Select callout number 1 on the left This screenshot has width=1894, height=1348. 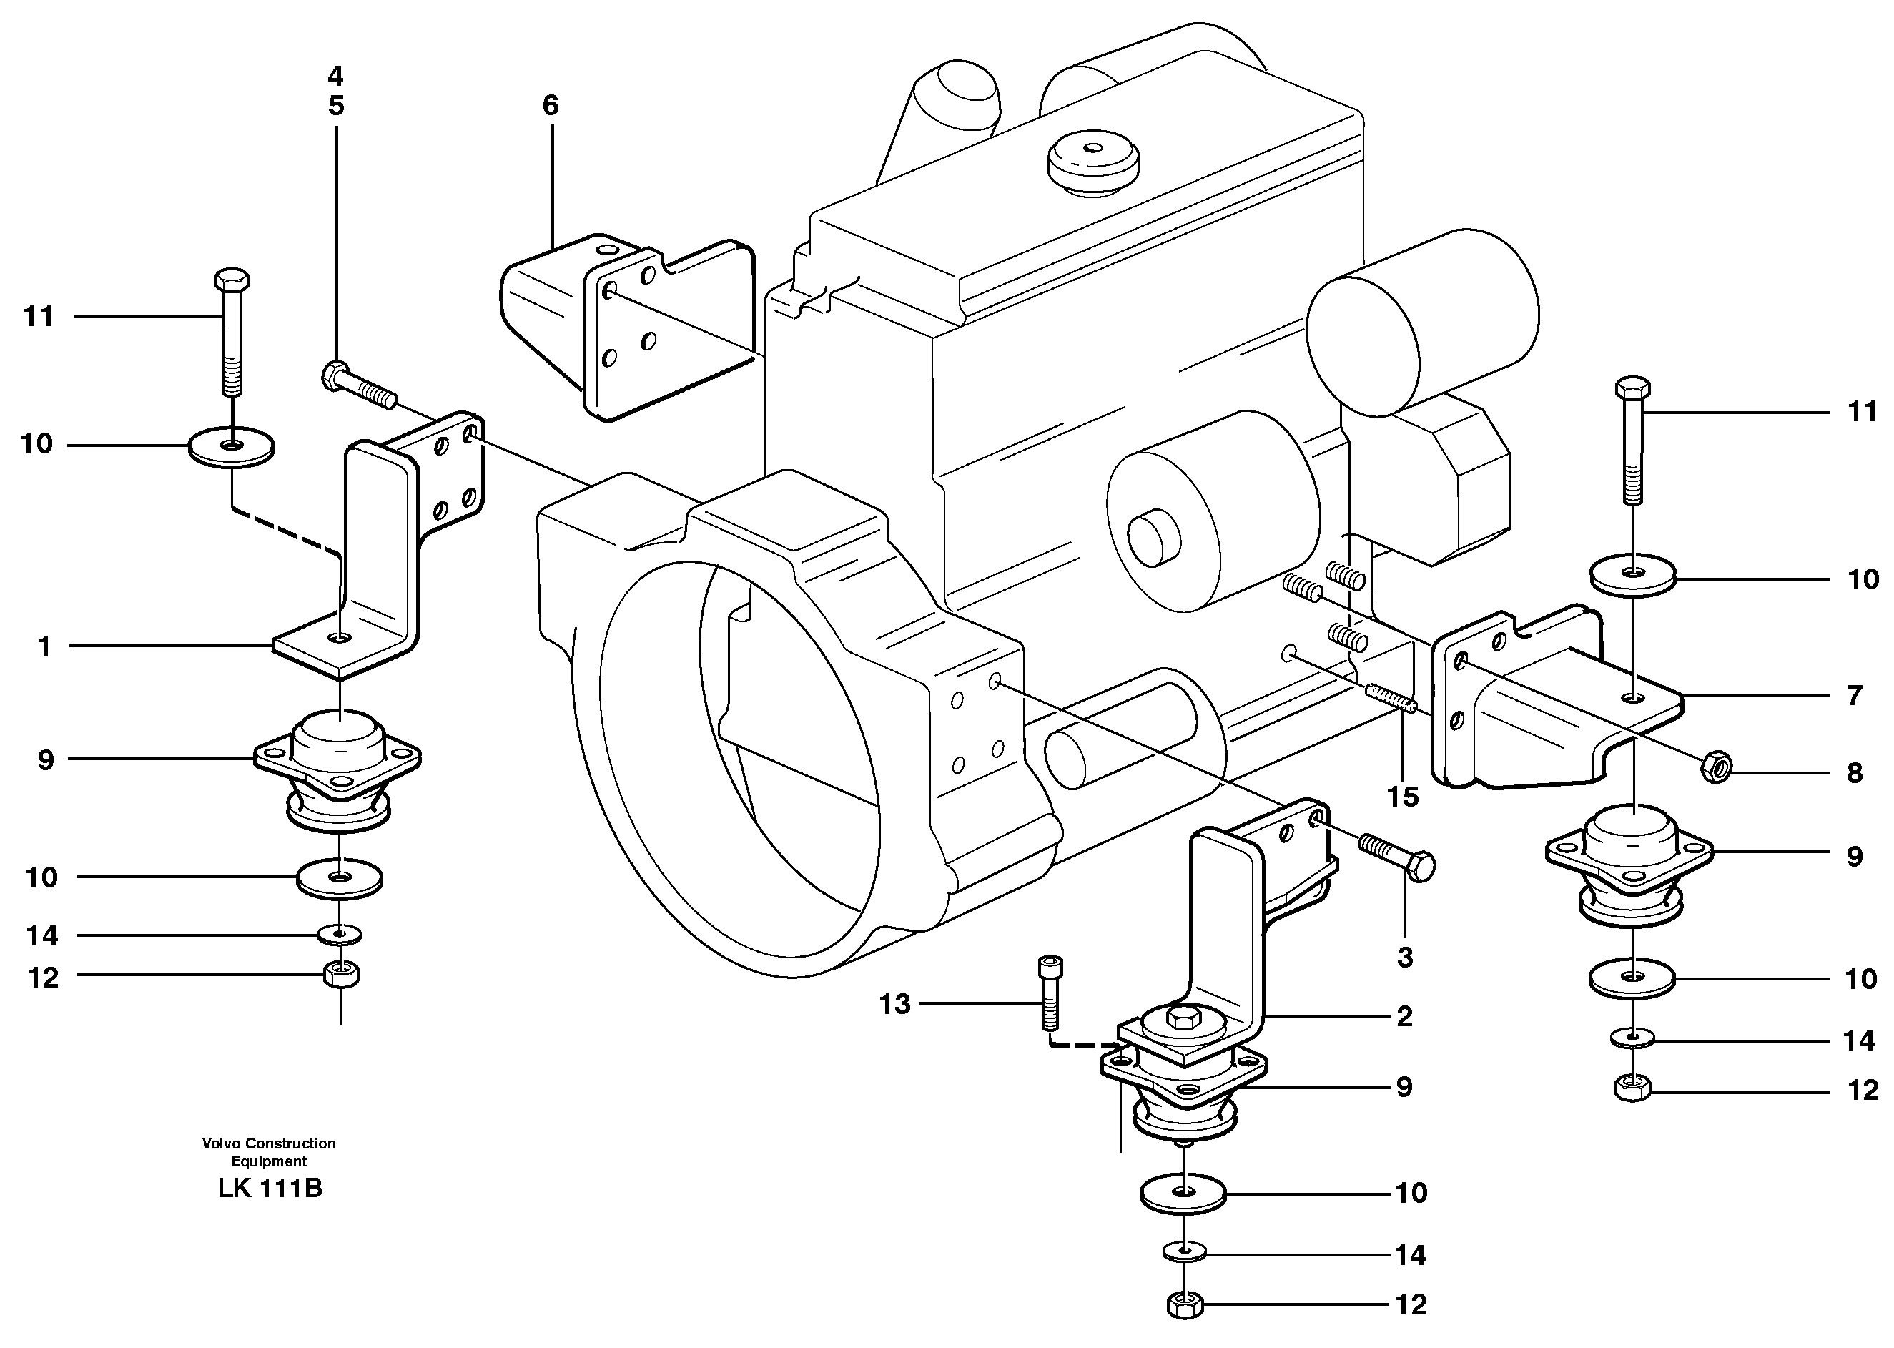tap(44, 646)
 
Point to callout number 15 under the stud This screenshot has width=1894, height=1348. tap(1403, 797)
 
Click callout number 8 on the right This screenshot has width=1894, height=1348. tap(1855, 773)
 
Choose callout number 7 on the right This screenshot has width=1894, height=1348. tap(1854, 695)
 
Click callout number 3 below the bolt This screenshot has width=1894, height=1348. tap(1404, 958)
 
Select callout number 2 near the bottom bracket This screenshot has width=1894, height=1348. tap(1404, 1016)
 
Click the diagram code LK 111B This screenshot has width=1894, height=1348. tap(270, 1189)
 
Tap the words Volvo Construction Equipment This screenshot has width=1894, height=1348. tap(269, 1152)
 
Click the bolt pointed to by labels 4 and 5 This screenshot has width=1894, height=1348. tap(357, 387)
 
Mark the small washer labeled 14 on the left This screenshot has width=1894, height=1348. tap(340, 935)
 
